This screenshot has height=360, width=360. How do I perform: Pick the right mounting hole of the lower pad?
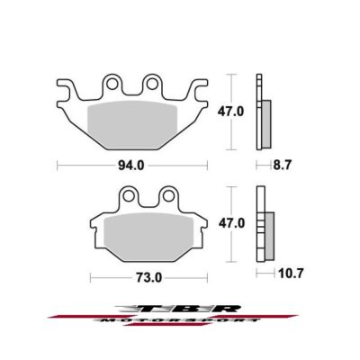(168, 196)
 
